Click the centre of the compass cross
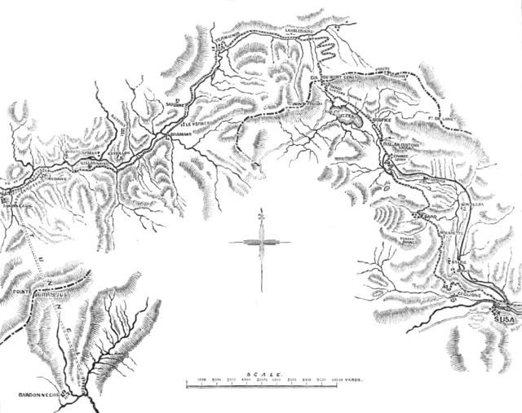(260, 242)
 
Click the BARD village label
(430, 217)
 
